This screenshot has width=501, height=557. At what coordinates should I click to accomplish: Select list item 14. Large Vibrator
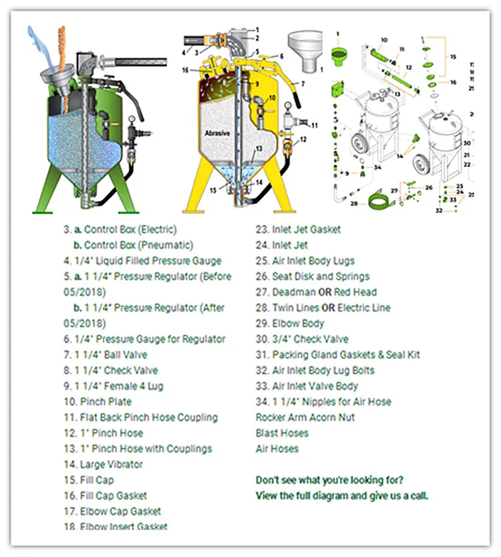(x=103, y=464)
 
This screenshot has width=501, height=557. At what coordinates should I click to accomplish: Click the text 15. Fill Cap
(x=88, y=480)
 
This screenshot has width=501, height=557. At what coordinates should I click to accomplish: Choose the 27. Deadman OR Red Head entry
(x=316, y=292)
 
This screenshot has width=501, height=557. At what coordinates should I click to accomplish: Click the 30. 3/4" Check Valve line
(x=311, y=339)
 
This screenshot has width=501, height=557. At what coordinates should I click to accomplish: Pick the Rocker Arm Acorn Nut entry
(x=305, y=417)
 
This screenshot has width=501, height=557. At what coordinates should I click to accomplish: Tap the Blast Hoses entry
(x=282, y=433)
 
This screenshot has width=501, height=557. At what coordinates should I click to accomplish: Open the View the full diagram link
(x=342, y=495)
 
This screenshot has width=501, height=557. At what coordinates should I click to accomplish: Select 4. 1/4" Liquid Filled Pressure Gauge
(x=142, y=261)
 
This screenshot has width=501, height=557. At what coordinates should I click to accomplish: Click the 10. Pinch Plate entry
(x=98, y=402)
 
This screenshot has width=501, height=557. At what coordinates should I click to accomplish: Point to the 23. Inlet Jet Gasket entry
(x=307, y=229)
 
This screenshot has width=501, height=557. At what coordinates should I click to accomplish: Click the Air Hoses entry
(x=277, y=449)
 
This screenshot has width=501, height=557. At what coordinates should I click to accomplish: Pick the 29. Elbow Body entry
(x=290, y=324)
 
